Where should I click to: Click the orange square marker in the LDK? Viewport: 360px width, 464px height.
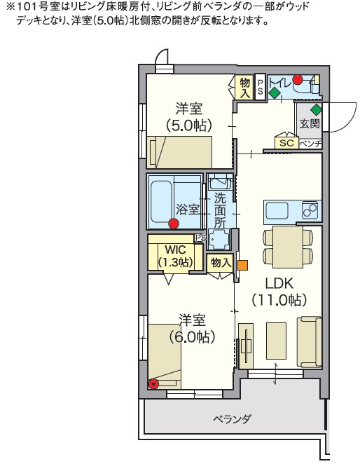click(243, 265)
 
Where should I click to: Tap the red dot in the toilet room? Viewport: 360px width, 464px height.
click(298, 79)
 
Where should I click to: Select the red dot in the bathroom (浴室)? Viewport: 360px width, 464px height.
click(174, 224)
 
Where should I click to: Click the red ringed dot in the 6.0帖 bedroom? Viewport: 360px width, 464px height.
click(153, 384)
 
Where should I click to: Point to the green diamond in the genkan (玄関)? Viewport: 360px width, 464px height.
click(316, 110)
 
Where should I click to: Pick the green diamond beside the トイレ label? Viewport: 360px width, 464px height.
click(275, 93)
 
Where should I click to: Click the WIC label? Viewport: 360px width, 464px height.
click(175, 250)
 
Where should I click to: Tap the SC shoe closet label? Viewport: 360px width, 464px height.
click(287, 143)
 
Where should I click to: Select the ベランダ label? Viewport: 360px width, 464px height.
click(233, 418)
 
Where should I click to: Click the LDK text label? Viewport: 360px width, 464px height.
click(279, 283)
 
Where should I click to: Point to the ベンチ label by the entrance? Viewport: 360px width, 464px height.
click(310, 144)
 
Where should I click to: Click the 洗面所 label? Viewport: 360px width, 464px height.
click(220, 210)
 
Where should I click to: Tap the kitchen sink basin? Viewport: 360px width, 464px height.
click(277, 211)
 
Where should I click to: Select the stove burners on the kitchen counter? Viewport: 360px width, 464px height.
click(310, 210)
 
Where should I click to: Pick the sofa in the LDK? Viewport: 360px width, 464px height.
click(310, 342)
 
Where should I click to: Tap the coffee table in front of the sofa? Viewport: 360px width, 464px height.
click(276, 341)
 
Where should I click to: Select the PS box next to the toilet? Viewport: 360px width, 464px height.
click(260, 88)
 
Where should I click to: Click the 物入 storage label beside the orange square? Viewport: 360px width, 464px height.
click(221, 262)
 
